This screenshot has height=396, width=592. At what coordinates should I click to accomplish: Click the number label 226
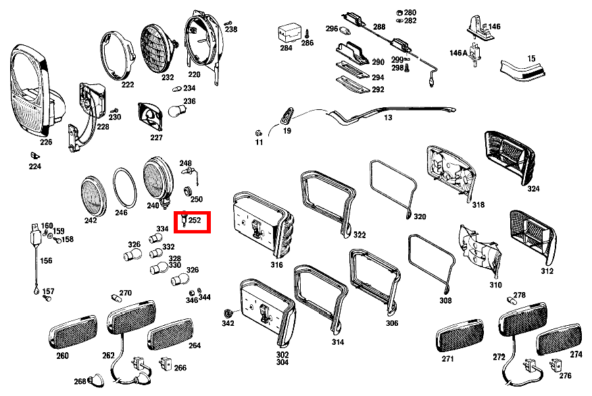(46, 142)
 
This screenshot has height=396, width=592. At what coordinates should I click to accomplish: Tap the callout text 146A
(458, 53)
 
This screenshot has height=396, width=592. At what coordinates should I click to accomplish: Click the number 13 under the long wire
(387, 117)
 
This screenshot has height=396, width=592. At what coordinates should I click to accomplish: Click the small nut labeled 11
(258, 132)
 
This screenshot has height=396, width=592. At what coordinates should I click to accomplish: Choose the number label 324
(533, 189)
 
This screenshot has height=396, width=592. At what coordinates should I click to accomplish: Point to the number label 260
(62, 356)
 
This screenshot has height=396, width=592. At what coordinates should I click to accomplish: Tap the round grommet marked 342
(228, 314)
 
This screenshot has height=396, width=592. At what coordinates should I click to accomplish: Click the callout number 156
(47, 260)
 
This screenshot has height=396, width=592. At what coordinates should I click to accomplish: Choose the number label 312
(547, 271)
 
